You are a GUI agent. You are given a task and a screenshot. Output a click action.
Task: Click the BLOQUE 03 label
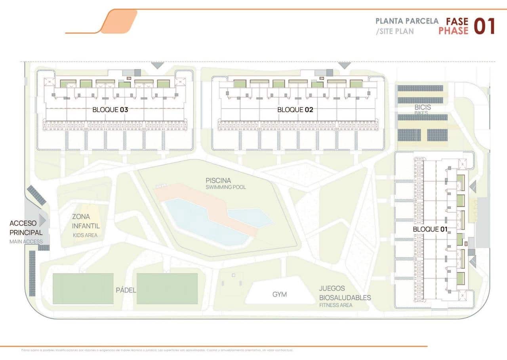pos(110,110)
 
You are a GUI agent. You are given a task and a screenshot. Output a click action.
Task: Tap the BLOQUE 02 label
pos(295,110)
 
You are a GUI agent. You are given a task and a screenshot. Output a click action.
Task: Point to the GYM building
pos(279,295)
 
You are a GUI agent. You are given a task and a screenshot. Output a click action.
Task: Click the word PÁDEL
pos(126,290)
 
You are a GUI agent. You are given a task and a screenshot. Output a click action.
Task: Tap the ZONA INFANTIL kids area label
pos(86,222)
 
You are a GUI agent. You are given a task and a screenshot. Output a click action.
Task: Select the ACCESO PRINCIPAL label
pos(26,228)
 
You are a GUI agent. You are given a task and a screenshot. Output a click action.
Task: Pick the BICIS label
pos(423,107)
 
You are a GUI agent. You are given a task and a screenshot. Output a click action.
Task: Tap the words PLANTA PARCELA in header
pos(407,21)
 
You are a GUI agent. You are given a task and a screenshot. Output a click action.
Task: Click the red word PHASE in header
pos(453,31)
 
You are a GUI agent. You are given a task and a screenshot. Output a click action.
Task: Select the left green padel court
pos(83,289)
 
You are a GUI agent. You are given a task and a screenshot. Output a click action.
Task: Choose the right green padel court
pos(167,289)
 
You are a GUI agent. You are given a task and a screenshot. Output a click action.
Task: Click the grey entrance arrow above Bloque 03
pos(157,65)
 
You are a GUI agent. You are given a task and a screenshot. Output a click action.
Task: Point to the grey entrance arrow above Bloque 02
pos(344,65)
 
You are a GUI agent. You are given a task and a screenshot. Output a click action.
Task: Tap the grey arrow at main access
pos(42,220)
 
